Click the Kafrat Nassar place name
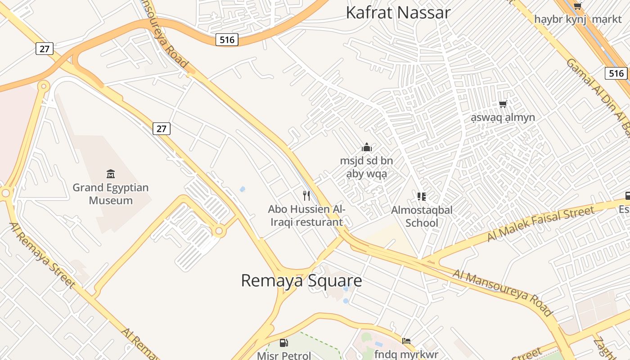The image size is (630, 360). click(x=398, y=13)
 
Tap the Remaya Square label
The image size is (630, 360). click(x=301, y=280)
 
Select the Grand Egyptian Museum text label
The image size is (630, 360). click(x=111, y=194)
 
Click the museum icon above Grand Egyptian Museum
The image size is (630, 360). click(x=111, y=174)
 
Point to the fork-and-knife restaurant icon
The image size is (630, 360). click(x=306, y=195)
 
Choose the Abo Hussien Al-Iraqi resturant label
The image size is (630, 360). click(x=306, y=216)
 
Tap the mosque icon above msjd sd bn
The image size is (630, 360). click(x=367, y=147)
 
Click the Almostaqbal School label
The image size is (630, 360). click(x=422, y=216)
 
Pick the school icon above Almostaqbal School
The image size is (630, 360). click(x=422, y=196)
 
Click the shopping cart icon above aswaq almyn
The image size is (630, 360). click(x=503, y=104)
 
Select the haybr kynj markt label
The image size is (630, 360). click(x=578, y=19)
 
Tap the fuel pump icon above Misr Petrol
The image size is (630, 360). click(x=284, y=343)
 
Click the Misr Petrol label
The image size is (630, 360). click(x=284, y=355)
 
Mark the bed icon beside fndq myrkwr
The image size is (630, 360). click(x=406, y=341)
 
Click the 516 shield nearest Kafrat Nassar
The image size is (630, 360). click(x=227, y=40)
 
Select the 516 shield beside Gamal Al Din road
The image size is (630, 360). click(x=616, y=73)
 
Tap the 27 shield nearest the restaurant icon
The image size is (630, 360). click(x=162, y=129)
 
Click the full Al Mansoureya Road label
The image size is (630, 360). click(x=503, y=292)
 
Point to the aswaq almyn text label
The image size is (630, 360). click(x=503, y=117)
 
